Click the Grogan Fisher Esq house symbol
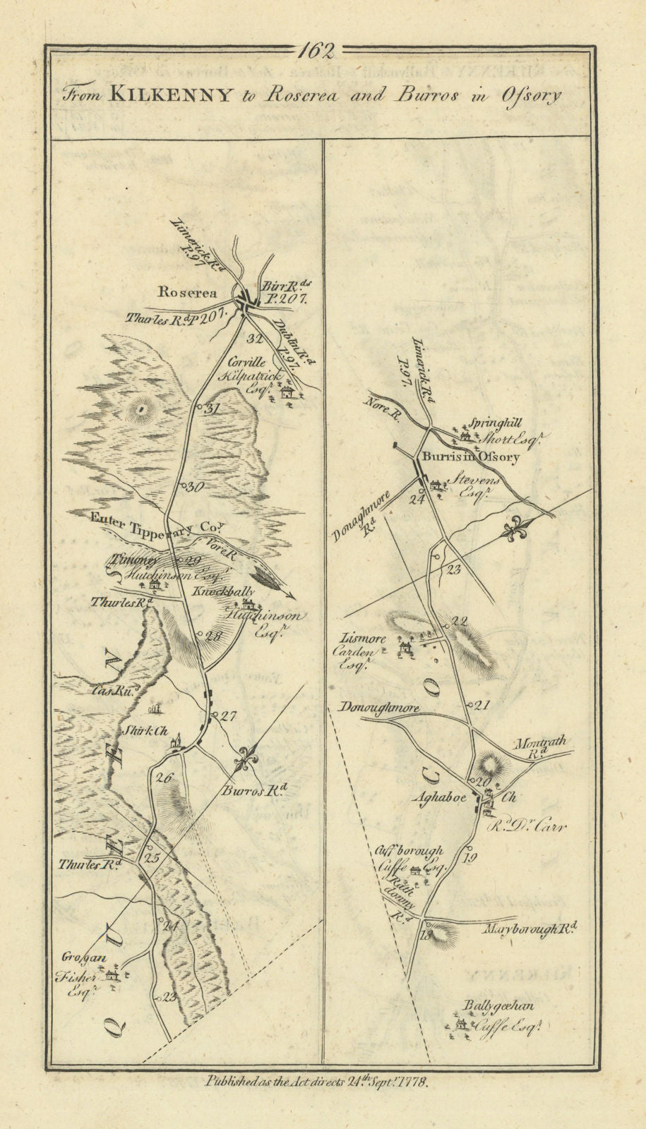click(112, 975)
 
